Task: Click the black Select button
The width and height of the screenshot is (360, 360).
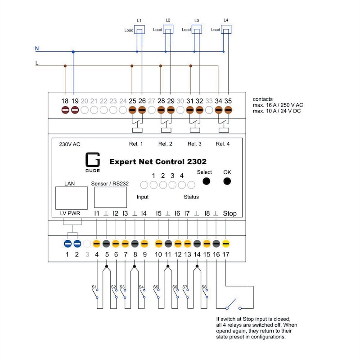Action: point(206,181)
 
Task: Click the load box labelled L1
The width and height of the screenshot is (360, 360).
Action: point(140,30)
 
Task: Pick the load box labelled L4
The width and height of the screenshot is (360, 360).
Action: point(227,30)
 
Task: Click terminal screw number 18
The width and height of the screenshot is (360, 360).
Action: point(65,110)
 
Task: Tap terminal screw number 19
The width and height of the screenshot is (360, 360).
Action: point(75,110)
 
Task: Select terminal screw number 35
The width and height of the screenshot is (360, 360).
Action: point(228,110)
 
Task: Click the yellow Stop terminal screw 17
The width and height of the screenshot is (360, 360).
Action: point(226,244)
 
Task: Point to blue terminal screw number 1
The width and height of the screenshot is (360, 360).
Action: point(67,244)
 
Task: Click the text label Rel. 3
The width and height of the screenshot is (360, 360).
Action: point(194,144)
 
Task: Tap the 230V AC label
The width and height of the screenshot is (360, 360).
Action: point(70,144)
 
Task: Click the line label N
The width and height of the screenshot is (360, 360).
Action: point(37,47)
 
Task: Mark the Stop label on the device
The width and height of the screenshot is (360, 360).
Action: point(229,214)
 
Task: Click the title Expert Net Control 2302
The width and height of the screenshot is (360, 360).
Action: point(158,161)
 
